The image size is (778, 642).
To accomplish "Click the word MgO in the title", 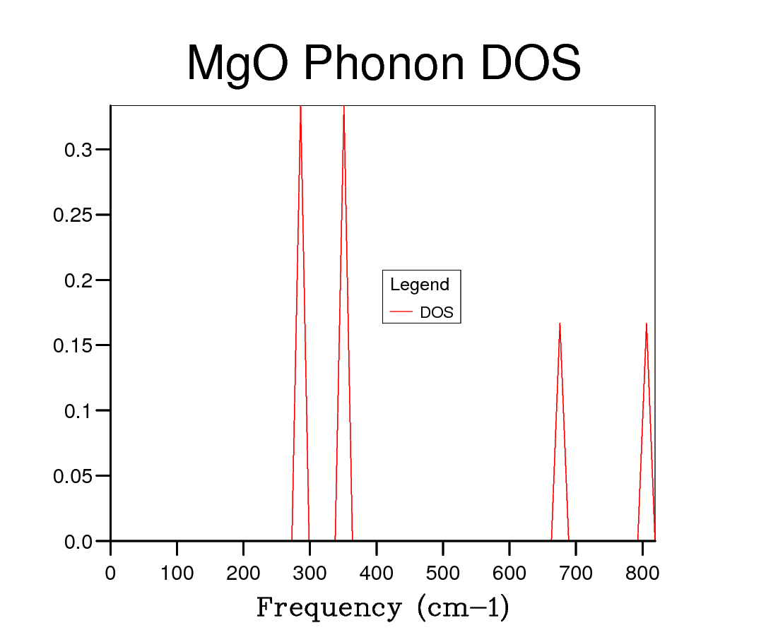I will (x=237, y=64).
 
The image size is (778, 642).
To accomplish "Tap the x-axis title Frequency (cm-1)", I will (x=382, y=607).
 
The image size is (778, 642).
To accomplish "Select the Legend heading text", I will (x=420, y=285).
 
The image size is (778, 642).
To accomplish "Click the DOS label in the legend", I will (x=437, y=312).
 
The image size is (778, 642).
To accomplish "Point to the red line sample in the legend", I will (x=401, y=312).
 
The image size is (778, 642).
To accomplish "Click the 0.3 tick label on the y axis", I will (x=78, y=150).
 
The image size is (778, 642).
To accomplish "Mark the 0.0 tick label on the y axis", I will (x=78, y=542).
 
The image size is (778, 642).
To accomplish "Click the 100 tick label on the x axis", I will (x=177, y=573).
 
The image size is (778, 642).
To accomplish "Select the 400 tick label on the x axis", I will (x=377, y=573).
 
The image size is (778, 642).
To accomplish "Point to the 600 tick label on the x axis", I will (x=509, y=573).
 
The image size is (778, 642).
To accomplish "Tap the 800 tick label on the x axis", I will (x=642, y=573).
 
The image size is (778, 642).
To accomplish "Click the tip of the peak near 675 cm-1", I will (x=560, y=324).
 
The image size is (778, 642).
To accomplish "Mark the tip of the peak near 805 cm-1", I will (x=646, y=324).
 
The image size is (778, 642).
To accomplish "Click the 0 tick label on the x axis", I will (x=110, y=573).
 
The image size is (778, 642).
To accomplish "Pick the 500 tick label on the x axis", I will (x=443, y=573).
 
